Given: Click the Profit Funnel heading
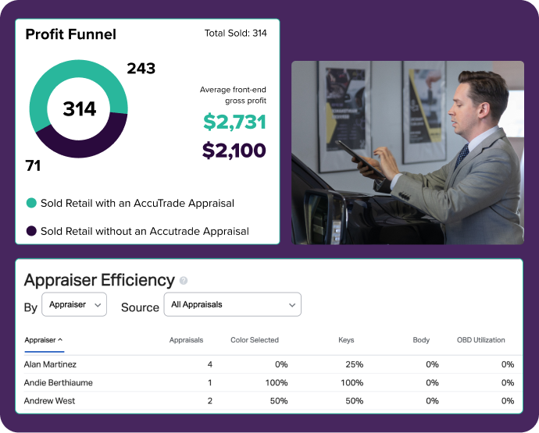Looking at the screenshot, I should coord(70,34).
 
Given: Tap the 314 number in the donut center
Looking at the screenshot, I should coord(79,109).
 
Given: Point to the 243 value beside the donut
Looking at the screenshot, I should coord(141,69).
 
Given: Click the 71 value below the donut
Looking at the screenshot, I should coord(33,166).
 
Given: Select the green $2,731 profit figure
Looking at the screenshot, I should coord(234,122).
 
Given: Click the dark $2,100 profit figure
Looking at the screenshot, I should coord(234,151).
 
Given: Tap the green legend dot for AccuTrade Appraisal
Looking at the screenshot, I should coord(31,203).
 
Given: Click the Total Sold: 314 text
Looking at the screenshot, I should coord(235,34).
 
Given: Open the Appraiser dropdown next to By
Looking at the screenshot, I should coord(74,305).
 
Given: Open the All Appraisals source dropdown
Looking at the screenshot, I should coord(232,305).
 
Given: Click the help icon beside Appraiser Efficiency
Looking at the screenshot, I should coord(184,281).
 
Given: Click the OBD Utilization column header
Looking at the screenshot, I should coord(480,340).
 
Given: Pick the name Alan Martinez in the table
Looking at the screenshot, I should coord(50,364).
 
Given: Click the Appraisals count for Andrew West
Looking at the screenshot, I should coord(209,401).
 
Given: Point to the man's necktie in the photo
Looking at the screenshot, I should coord(462,155).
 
